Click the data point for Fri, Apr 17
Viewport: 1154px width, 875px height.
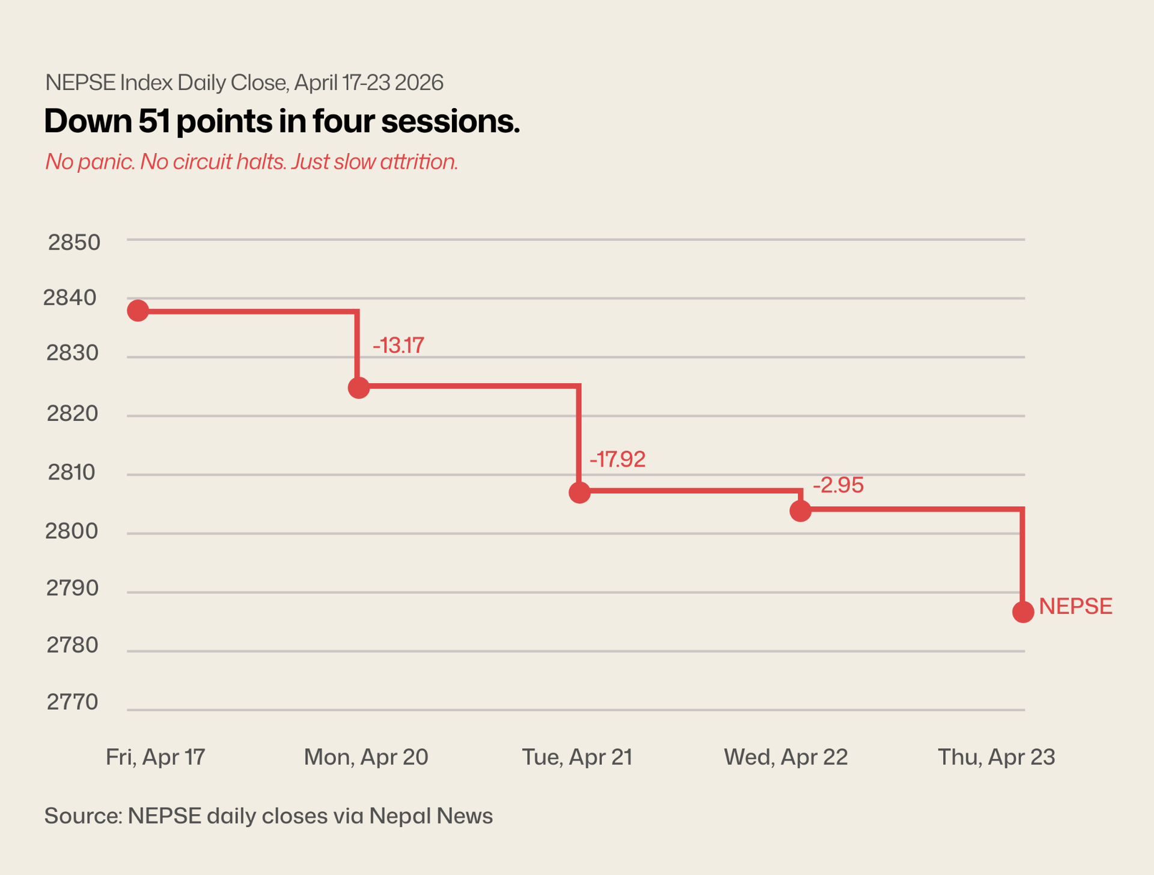tap(138, 310)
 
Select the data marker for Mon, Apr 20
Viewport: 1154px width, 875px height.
tap(359, 388)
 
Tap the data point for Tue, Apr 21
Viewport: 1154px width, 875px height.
tap(579, 492)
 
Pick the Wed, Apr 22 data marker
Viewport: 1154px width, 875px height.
tap(801, 511)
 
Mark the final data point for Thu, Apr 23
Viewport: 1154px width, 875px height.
tap(1023, 612)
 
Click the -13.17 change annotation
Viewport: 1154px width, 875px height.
tap(398, 346)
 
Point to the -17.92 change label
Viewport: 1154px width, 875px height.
tap(617, 459)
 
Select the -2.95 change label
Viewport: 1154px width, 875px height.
tap(838, 485)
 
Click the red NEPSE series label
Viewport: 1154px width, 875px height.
tap(1075, 607)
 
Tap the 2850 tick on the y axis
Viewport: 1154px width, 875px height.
tap(74, 243)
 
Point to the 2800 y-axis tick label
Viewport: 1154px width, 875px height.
tap(72, 531)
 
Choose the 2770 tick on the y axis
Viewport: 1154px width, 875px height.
tap(72, 702)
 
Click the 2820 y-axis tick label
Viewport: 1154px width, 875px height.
tap(72, 414)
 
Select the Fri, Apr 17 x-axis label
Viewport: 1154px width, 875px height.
tap(156, 757)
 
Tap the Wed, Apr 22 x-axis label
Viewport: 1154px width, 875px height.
tap(786, 757)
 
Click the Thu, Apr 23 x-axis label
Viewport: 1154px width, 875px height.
tap(996, 757)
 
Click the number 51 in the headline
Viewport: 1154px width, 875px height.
tap(154, 121)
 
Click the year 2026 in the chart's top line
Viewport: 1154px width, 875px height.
tap(418, 83)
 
